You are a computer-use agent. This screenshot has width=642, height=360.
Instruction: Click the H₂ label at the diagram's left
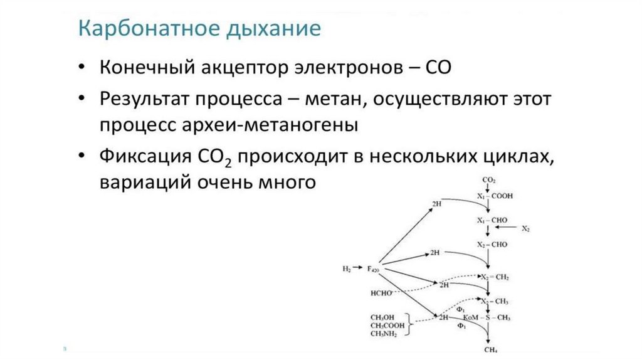click(x=347, y=269)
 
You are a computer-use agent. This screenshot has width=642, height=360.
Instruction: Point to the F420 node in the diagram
click(x=373, y=270)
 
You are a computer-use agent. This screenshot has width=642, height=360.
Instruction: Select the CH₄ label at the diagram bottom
click(x=490, y=349)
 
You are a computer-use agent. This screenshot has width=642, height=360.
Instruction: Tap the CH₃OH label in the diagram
click(x=382, y=317)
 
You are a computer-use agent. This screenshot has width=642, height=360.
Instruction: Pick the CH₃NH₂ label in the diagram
click(x=383, y=334)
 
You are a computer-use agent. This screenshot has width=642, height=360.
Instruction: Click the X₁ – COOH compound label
click(x=495, y=196)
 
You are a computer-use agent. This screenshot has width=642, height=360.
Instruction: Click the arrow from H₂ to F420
click(x=358, y=269)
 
